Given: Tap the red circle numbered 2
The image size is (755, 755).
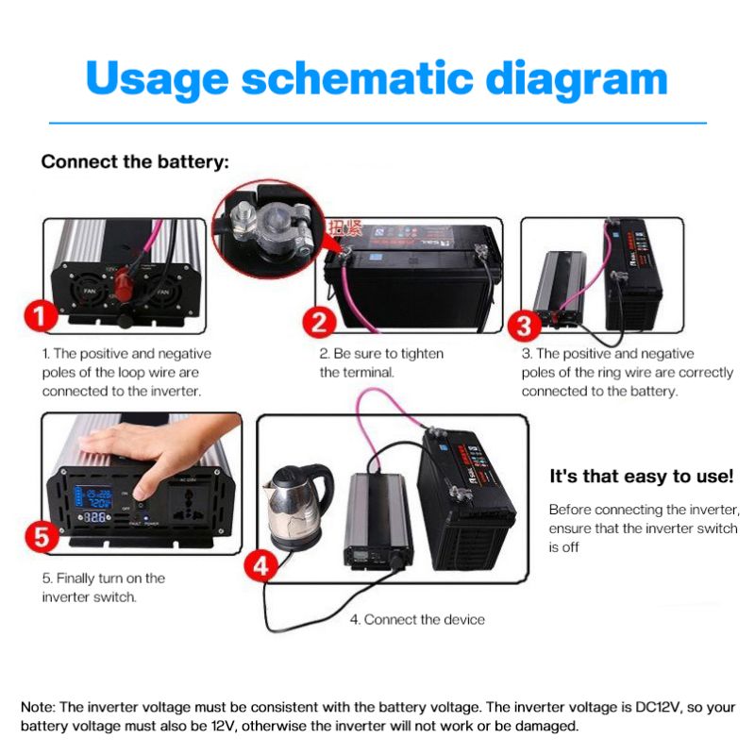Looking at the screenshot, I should click(319, 323).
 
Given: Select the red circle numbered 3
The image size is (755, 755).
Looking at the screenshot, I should click(526, 326).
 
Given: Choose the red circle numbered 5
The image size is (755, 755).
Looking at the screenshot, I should click(41, 537).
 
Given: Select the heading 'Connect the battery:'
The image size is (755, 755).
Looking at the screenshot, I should click(135, 161).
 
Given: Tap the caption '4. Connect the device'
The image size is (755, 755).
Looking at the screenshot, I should click(417, 620).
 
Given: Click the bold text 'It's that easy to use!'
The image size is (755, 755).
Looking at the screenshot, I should click(641, 477).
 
